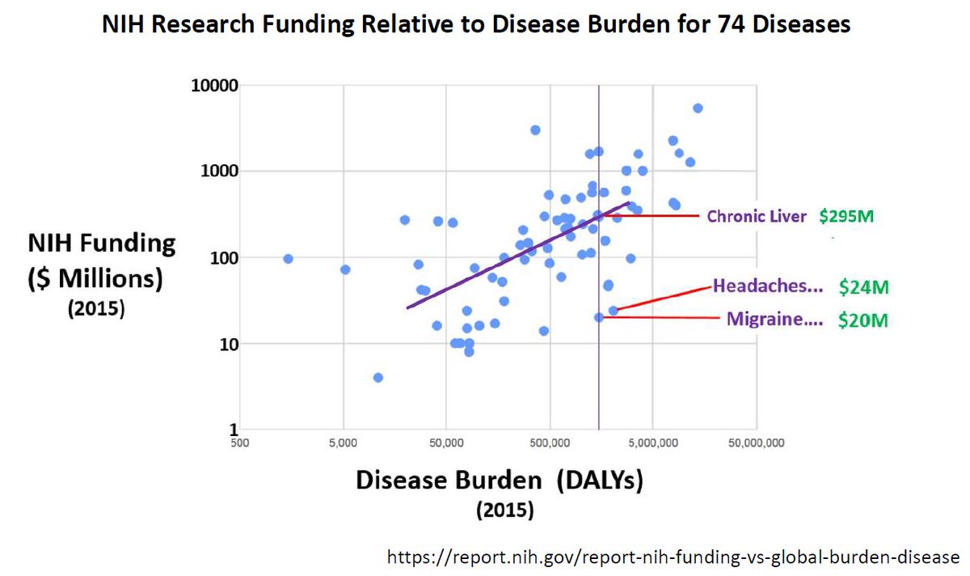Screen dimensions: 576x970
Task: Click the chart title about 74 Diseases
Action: coord(476,25)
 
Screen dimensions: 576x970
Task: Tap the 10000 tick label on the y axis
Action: coord(213,85)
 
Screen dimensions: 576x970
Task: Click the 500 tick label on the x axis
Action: coord(238,443)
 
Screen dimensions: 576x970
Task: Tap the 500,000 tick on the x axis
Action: coord(550,443)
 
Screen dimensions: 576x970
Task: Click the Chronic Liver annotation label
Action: coord(757,217)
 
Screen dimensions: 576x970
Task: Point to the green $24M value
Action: coord(863,286)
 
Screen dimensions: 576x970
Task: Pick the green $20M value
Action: coord(863,320)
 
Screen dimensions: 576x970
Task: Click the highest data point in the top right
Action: coord(698,108)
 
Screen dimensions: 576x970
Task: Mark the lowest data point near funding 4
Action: coord(377,378)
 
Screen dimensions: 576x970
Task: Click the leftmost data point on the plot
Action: coord(288,259)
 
